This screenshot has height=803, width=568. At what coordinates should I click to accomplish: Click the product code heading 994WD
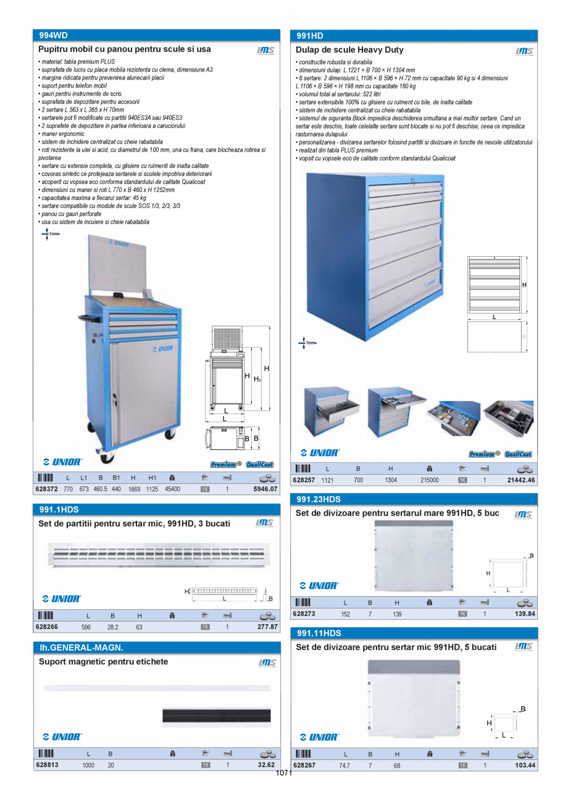point(53,36)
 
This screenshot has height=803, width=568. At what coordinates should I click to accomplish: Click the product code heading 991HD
point(310,36)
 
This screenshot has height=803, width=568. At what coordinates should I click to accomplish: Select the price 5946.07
point(265,489)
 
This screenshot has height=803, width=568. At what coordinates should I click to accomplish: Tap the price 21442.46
point(521,480)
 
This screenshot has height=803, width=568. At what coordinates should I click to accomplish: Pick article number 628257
point(304,480)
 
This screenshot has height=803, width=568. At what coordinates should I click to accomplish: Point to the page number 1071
point(283,773)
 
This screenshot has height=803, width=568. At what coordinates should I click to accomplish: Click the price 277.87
point(267,626)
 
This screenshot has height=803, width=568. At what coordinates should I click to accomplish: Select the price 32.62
point(266,765)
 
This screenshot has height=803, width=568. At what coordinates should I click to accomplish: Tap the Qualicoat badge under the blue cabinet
point(518,454)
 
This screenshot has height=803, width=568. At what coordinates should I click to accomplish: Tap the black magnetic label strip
point(216,715)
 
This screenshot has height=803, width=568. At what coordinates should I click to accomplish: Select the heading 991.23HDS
point(319,499)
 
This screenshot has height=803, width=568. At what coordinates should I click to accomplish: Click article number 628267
point(304,765)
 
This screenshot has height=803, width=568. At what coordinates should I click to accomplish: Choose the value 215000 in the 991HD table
point(429,480)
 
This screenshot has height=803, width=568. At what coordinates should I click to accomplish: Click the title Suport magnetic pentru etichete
point(103,662)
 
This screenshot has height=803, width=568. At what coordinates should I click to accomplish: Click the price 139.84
point(524,614)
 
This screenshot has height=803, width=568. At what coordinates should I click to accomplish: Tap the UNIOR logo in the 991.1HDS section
point(62,599)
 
